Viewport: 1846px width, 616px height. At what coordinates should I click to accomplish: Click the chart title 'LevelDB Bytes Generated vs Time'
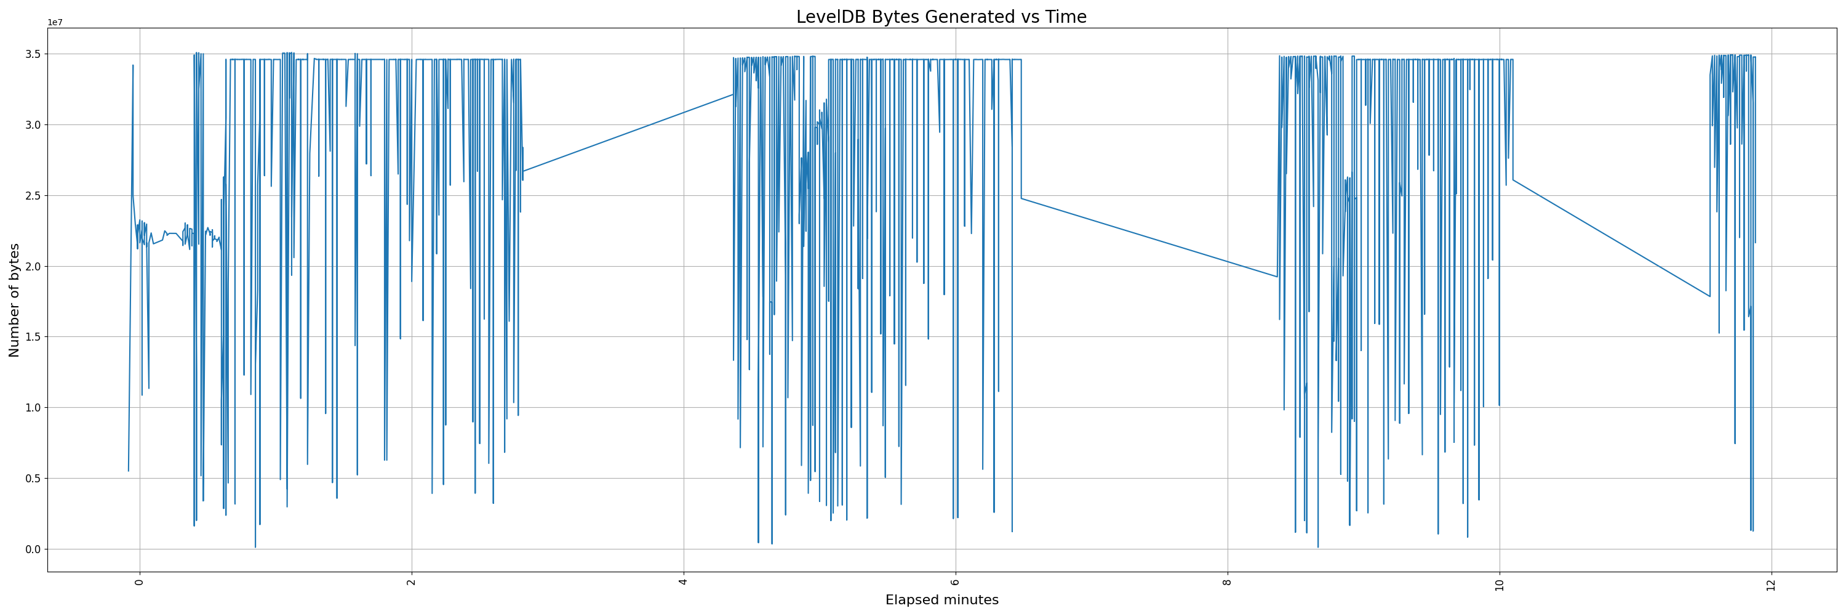[x=941, y=17]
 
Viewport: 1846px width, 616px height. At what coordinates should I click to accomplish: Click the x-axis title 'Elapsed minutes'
[x=941, y=600]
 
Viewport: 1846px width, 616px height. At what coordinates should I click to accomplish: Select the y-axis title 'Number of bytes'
[x=14, y=300]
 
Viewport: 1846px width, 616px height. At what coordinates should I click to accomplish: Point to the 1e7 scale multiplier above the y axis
[x=55, y=22]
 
